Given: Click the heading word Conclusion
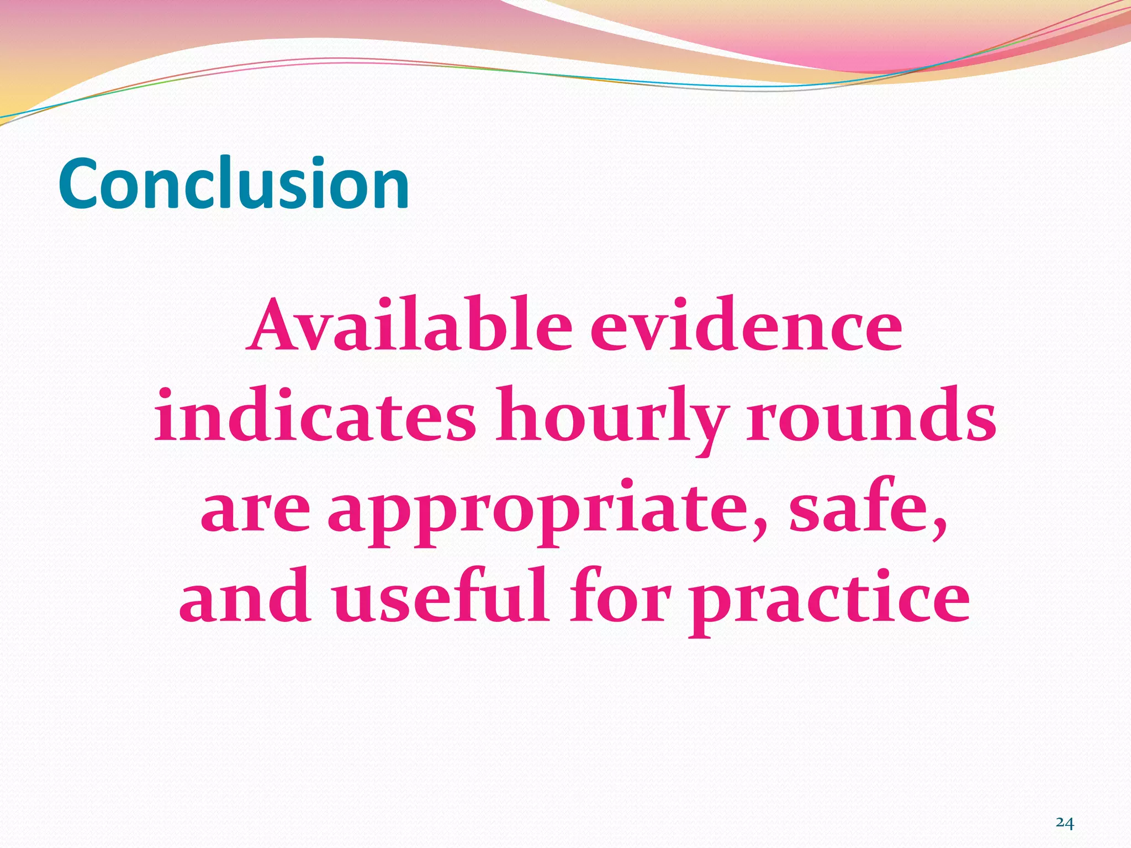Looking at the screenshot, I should (x=234, y=183).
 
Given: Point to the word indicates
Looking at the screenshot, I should (x=315, y=415).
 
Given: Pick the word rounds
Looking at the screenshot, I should (x=871, y=415).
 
